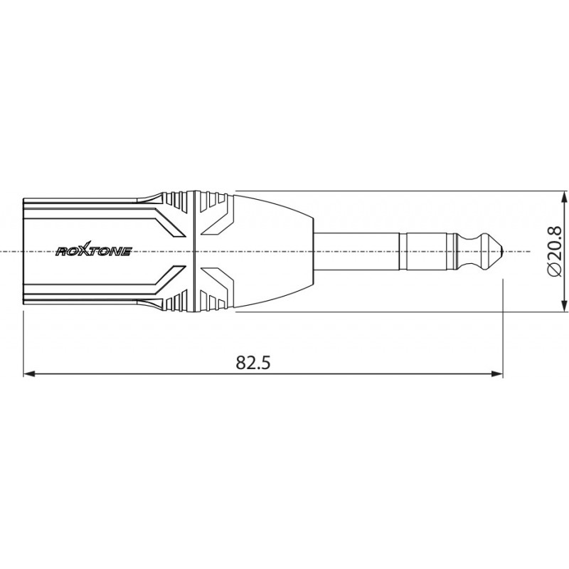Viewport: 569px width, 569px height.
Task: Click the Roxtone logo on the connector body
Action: coord(94,251)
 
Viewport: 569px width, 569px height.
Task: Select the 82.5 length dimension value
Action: coord(253,362)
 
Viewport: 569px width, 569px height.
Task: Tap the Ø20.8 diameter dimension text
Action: coord(554,252)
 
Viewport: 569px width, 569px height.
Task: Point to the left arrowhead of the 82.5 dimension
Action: coord(29,374)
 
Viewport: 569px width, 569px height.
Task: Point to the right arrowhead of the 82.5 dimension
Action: coord(497,374)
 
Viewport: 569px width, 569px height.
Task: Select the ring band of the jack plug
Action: coord(427,251)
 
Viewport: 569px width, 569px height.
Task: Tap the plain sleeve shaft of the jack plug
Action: coord(356,251)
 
